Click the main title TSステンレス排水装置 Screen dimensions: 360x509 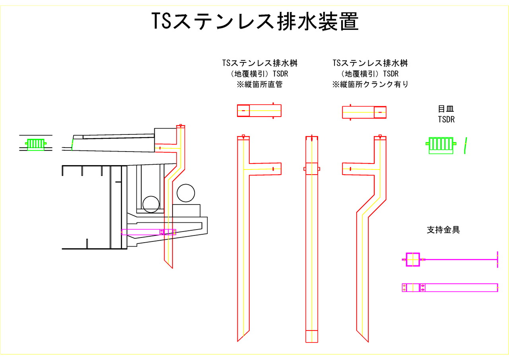click(x=255, y=22)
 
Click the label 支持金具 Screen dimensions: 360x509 click(x=443, y=230)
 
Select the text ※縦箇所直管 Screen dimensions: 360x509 click(x=259, y=84)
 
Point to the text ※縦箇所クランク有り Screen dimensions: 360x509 click(x=370, y=84)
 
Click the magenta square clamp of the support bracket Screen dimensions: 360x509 click(x=413, y=259)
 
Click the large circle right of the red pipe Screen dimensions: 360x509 click(x=186, y=193)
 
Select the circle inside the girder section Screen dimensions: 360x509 click(x=152, y=204)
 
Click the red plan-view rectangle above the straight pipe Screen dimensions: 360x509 click(x=259, y=111)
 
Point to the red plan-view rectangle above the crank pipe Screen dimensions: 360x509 click(x=364, y=112)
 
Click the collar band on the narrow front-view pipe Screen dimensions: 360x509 click(x=312, y=169)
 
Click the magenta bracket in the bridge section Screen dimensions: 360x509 click(x=148, y=232)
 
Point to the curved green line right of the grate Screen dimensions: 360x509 click(x=466, y=146)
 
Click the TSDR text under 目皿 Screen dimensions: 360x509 click(x=446, y=119)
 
